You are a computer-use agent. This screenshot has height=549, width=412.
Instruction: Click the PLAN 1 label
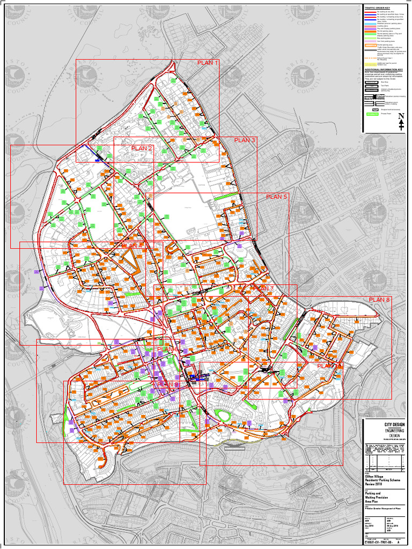[x=208, y=63]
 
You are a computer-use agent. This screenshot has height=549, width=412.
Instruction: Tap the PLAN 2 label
[x=142, y=149]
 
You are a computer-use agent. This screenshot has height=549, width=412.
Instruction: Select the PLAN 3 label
[x=245, y=140]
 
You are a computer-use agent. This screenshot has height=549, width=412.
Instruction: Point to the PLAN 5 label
[x=277, y=197]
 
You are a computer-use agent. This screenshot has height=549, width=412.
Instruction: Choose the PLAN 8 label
[x=379, y=299]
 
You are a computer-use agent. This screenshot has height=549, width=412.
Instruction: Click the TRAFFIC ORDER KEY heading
[x=377, y=8]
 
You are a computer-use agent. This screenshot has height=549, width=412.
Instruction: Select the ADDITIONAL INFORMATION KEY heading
[x=384, y=69]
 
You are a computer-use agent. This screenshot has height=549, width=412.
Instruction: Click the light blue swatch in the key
[x=371, y=24]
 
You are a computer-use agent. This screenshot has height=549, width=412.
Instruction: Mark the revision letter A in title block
[x=398, y=543]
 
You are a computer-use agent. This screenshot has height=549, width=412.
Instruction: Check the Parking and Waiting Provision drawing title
[x=376, y=495]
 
